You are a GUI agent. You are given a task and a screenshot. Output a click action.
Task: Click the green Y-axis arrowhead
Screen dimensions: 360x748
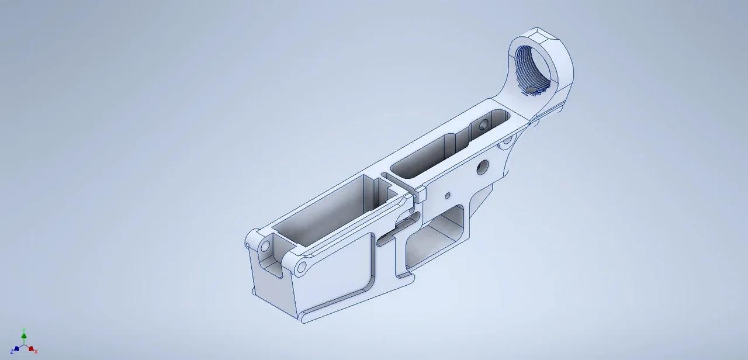(23, 331)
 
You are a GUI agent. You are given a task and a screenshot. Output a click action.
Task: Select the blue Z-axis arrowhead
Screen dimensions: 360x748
(16, 348)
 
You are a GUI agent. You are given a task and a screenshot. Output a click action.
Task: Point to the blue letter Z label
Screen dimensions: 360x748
(12, 351)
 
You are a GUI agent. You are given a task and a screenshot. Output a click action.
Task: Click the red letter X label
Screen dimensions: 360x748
(36, 351)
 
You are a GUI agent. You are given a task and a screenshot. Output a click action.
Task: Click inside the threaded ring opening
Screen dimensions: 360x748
(535, 70)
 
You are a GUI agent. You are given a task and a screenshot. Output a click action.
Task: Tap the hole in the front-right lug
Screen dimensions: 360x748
(302, 267)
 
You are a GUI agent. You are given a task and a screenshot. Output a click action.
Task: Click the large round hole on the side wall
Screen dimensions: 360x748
(483, 167)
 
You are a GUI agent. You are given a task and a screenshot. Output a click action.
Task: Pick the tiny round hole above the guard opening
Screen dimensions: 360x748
(448, 195)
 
